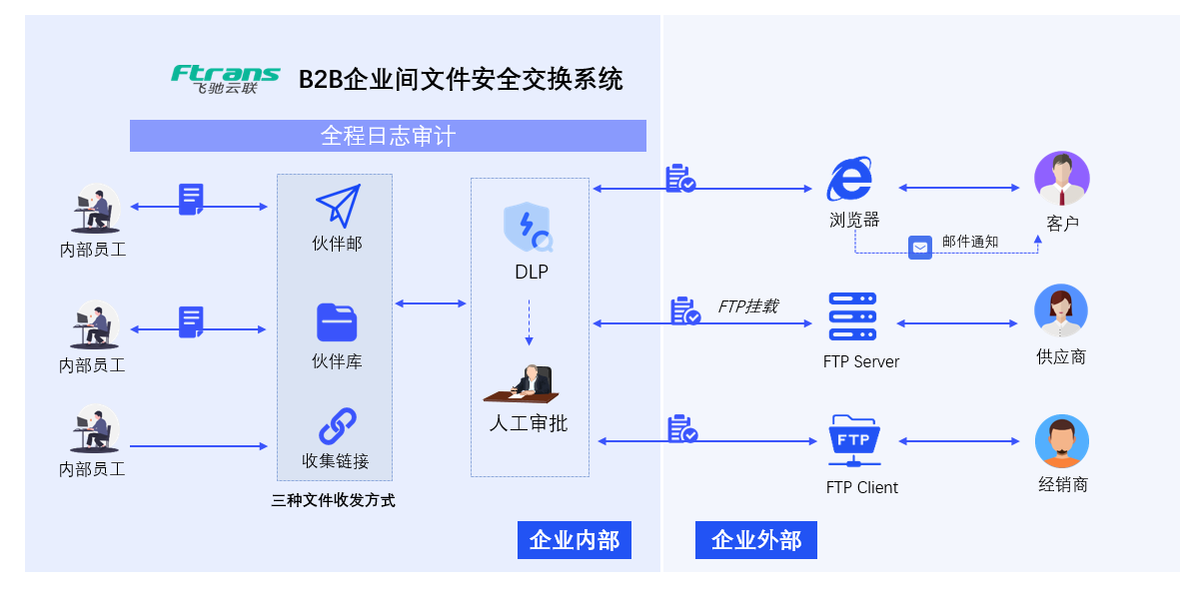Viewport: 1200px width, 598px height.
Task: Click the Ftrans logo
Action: (225, 78)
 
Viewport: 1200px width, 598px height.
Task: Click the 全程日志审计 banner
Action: (388, 136)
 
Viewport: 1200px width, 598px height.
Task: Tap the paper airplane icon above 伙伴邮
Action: (338, 206)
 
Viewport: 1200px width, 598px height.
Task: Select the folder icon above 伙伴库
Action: (337, 322)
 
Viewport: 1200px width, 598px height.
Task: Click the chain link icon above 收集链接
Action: (337, 426)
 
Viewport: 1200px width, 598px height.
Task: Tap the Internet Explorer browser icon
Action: (851, 181)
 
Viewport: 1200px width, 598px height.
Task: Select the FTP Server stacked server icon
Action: (852, 317)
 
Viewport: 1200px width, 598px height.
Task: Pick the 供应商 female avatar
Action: (1061, 311)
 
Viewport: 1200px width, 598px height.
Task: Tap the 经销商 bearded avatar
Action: (1061, 441)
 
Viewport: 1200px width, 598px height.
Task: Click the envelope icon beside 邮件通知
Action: (919, 248)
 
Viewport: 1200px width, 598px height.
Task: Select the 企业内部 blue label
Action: (575, 540)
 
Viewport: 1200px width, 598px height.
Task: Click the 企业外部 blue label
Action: (756, 540)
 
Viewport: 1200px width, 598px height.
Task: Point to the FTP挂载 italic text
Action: (747, 306)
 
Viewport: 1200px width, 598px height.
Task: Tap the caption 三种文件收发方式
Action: (334, 500)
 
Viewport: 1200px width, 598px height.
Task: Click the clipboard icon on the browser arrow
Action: (679, 179)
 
